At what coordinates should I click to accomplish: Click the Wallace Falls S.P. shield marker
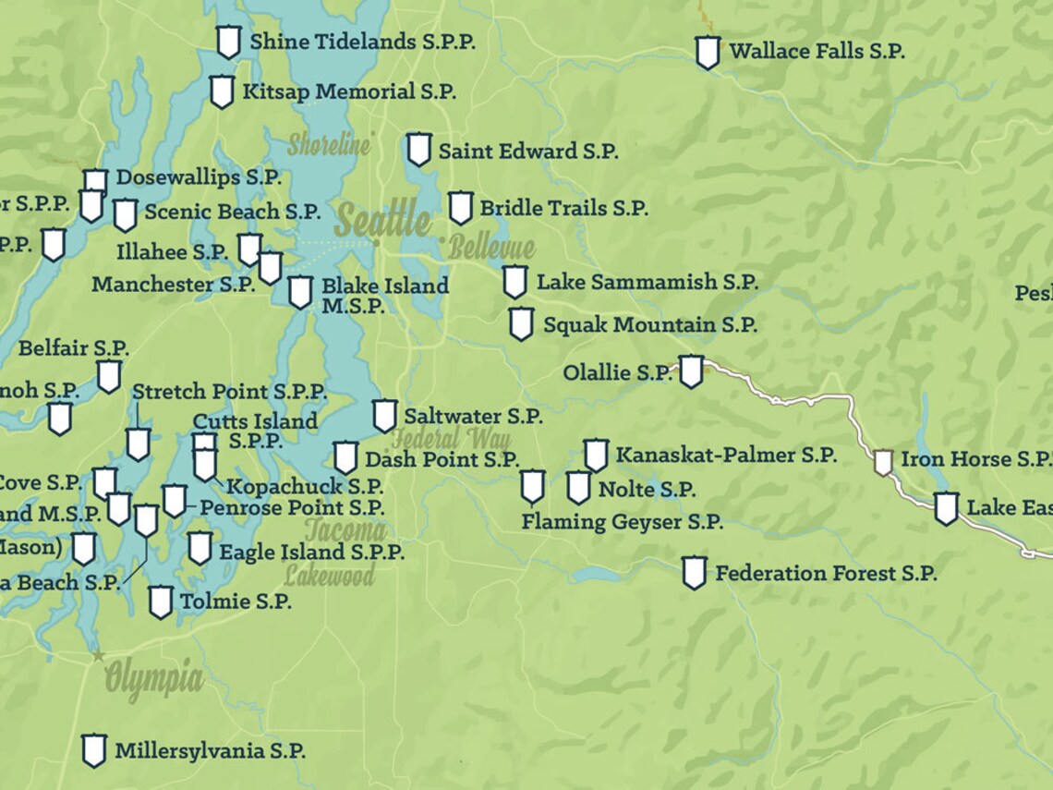tap(708, 53)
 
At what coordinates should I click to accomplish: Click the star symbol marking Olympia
tap(98, 655)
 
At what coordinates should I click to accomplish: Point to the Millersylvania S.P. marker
tap(93, 750)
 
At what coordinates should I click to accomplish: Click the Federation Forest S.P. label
tap(826, 574)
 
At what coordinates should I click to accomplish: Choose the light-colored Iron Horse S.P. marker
tap(883, 462)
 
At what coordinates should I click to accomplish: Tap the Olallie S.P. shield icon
tap(691, 371)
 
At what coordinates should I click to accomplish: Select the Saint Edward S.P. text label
tap(527, 152)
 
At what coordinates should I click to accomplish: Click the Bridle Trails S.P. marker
tap(460, 208)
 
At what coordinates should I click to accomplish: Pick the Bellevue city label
tap(491, 248)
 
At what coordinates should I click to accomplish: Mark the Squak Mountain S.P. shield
tap(521, 324)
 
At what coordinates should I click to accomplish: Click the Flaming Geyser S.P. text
tap(622, 522)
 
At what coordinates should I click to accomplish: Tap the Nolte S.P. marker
tap(578, 488)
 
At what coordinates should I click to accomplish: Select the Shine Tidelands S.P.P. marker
tap(228, 42)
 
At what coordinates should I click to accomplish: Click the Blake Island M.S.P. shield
tap(299, 292)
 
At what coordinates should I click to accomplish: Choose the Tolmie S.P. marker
tap(161, 602)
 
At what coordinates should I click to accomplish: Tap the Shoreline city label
tap(329, 145)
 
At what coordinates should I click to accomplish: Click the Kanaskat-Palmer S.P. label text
tap(726, 456)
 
